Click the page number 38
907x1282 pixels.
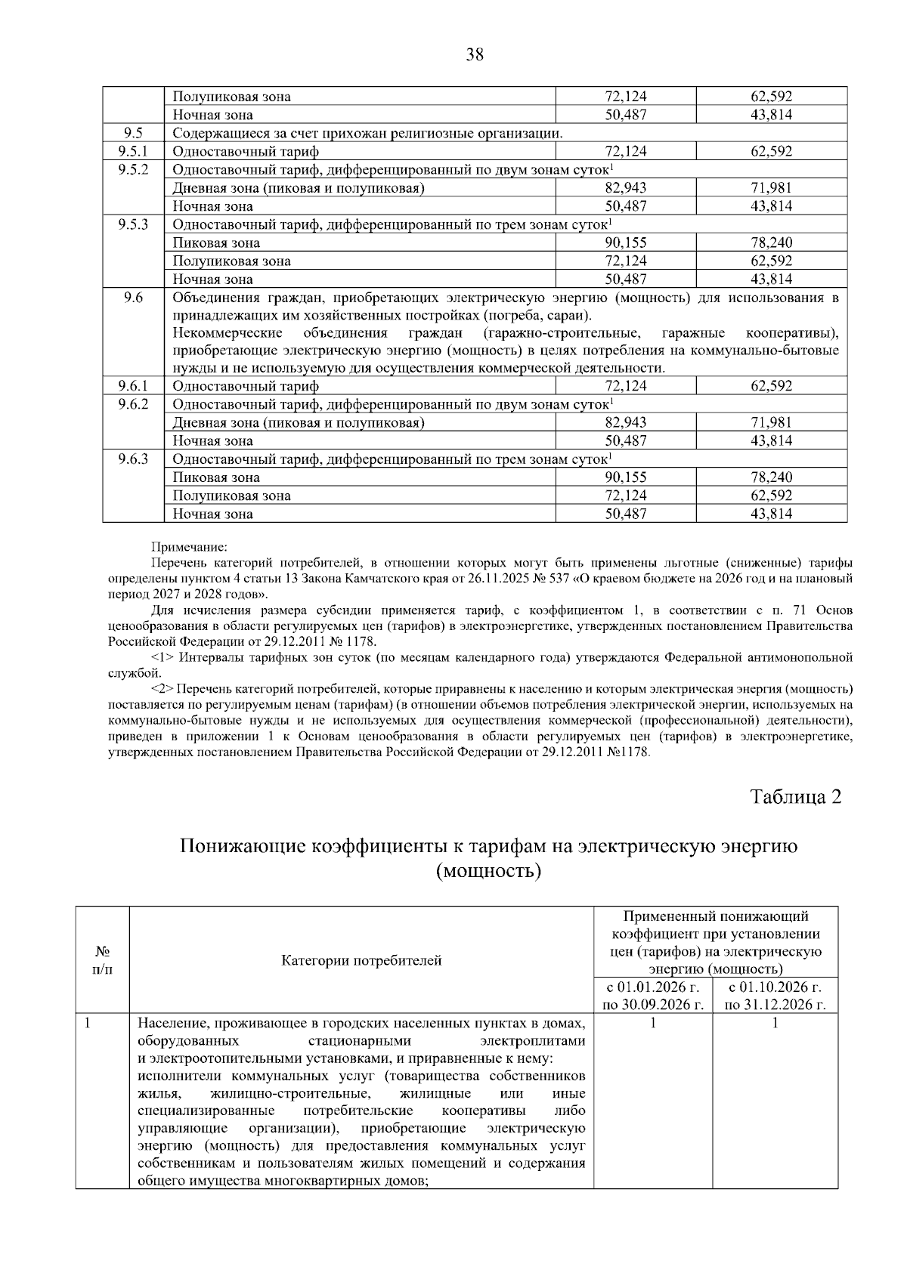pos(475,54)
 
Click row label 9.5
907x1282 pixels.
pos(133,133)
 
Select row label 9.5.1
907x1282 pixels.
pos(133,151)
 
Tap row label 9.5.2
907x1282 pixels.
pos(133,169)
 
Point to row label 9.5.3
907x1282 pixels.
pos(133,224)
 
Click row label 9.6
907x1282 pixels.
pos(133,297)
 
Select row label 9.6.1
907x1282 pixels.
pos(133,386)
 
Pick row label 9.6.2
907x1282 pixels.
pos(133,404)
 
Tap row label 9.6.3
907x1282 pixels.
pos(133,459)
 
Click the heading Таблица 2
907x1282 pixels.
pos(795,797)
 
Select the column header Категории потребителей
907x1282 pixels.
pos(361,961)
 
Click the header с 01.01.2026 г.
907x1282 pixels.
pos(652,987)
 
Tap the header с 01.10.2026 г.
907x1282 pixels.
pos(775,987)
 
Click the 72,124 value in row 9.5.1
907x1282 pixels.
pos(626,151)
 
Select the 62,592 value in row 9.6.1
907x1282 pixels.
pos(771,386)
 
